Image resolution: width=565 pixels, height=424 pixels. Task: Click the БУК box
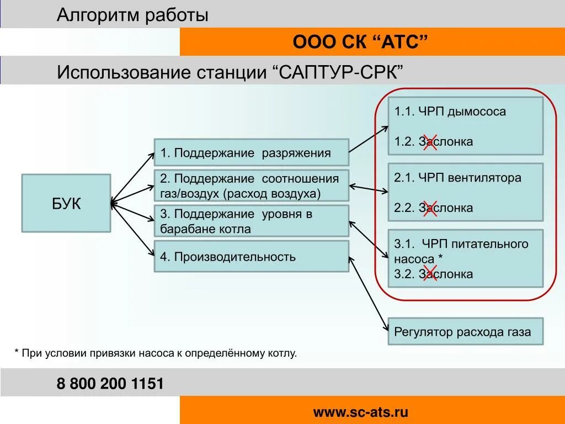coord(66,203)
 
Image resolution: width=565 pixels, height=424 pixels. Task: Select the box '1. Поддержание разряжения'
coord(251,152)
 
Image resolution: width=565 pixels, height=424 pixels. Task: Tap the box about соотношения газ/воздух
coord(251,186)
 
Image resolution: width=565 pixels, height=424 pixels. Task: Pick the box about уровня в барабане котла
coord(251,221)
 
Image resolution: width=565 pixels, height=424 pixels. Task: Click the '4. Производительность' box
coord(251,256)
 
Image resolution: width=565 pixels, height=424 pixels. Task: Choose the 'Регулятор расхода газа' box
coord(465,331)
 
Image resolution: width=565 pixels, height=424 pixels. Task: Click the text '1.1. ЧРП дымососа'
coord(450,112)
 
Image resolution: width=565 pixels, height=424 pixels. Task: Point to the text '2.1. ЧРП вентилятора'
coord(457,178)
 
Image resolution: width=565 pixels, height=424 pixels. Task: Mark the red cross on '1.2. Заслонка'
coord(430,141)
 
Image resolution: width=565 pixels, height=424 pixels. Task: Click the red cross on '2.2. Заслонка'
coord(430,208)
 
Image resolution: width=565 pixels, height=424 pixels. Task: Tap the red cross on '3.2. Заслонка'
coord(430,273)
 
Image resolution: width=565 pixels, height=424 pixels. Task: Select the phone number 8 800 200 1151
coord(110,384)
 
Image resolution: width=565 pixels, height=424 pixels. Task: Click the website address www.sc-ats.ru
coord(361,412)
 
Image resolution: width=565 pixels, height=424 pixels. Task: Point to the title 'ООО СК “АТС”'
coord(360,42)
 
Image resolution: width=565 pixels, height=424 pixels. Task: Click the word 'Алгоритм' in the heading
coord(98,15)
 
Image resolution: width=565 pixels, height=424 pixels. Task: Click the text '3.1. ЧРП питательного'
coord(461,244)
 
